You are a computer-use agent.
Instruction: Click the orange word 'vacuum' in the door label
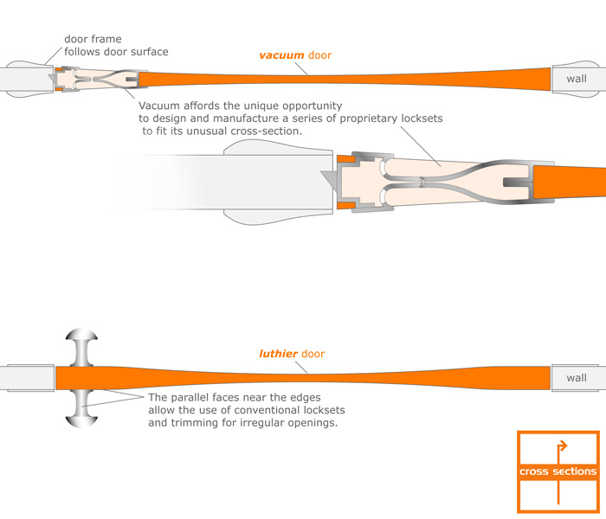pyautogui.click(x=281, y=55)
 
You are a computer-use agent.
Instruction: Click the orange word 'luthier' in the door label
pyautogui.click(x=279, y=354)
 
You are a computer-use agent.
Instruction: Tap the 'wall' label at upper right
pyautogui.click(x=576, y=79)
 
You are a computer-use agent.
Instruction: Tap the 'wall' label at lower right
pyautogui.click(x=576, y=378)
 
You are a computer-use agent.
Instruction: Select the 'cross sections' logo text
pyautogui.click(x=558, y=471)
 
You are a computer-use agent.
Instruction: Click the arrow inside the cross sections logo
pyautogui.click(x=561, y=448)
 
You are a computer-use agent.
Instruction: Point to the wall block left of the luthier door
pyautogui.click(x=26, y=378)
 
